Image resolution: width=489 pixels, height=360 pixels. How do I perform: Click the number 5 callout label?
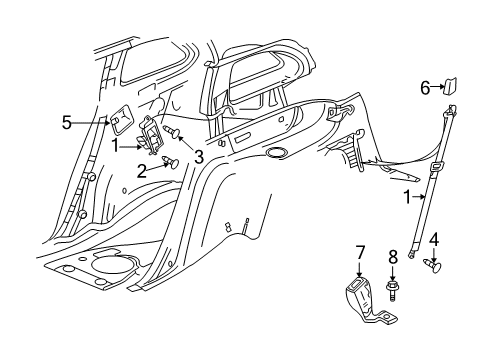pyautogui.click(x=67, y=123)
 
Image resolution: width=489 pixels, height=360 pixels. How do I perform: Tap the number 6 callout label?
pyautogui.click(x=424, y=88)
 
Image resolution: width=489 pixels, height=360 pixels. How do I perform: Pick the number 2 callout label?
pyautogui.click(x=141, y=172)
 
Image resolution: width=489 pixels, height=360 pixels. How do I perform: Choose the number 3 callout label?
pyautogui.click(x=198, y=158)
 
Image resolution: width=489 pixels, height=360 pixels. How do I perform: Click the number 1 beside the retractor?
pyautogui.click(x=116, y=146)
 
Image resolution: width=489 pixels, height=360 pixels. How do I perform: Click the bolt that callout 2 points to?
pyautogui.click(x=167, y=164)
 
